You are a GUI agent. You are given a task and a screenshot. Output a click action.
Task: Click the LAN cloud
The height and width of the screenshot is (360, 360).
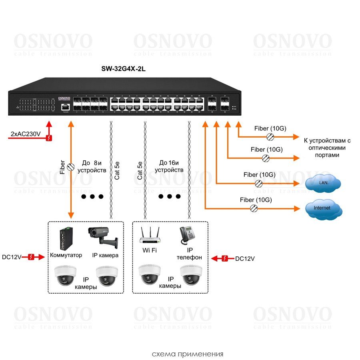click(x=323, y=183)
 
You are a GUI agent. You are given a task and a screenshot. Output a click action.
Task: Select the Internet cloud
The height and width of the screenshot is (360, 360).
click(x=322, y=208)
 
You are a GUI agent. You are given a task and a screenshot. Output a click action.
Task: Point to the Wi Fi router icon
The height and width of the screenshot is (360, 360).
click(x=150, y=236)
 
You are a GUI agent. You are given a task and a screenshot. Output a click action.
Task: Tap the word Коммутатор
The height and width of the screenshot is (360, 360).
click(x=66, y=255)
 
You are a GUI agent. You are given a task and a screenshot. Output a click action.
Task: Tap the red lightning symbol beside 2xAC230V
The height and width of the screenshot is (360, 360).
click(x=49, y=138)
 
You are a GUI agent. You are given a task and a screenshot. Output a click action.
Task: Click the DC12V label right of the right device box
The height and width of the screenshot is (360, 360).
click(x=245, y=259)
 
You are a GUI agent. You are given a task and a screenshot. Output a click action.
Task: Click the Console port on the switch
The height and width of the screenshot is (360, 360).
click(x=65, y=107)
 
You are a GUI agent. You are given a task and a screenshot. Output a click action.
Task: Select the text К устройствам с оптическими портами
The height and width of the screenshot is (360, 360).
click(x=327, y=148)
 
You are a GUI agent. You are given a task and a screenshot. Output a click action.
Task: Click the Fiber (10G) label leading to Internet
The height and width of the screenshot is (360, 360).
click(x=256, y=199)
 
